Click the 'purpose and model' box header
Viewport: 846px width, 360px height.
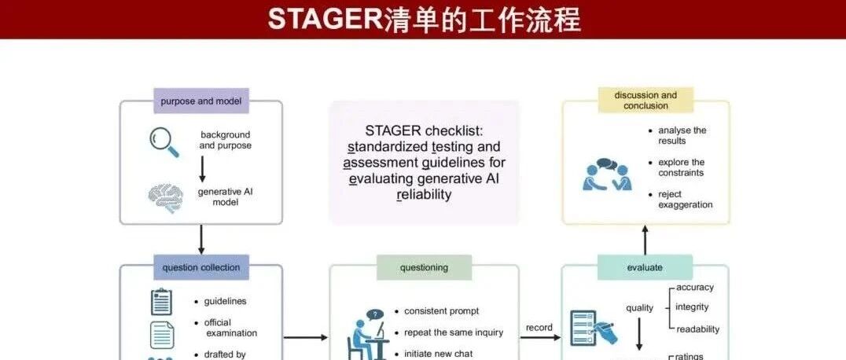[x=201, y=101]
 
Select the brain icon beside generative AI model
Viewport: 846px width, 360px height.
[x=166, y=198]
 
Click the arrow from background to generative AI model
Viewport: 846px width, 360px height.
[x=202, y=170]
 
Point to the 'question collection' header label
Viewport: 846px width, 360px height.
[x=201, y=267]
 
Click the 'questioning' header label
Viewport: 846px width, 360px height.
[x=424, y=267]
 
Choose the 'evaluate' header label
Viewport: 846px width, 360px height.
[x=645, y=267]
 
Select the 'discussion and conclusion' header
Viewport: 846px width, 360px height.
[x=646, y=101]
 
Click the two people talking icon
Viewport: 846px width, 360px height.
[x=607, y=174]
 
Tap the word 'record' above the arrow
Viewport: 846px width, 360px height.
[x=539, y=327]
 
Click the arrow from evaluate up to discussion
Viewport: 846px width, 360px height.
[x=645, y=240]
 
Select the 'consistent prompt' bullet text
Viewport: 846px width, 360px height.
[x=441, y=311]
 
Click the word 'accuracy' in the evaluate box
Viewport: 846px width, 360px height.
[x=695, y=287]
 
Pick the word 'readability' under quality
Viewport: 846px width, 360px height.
[x=697, y=329]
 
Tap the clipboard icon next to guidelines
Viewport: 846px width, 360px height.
[x=161, y=301]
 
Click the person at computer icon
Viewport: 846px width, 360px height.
[x=367, y=336]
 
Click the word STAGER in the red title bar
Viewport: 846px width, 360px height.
[x=325, y=20]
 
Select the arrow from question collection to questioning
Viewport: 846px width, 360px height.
[x=306, y=337]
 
